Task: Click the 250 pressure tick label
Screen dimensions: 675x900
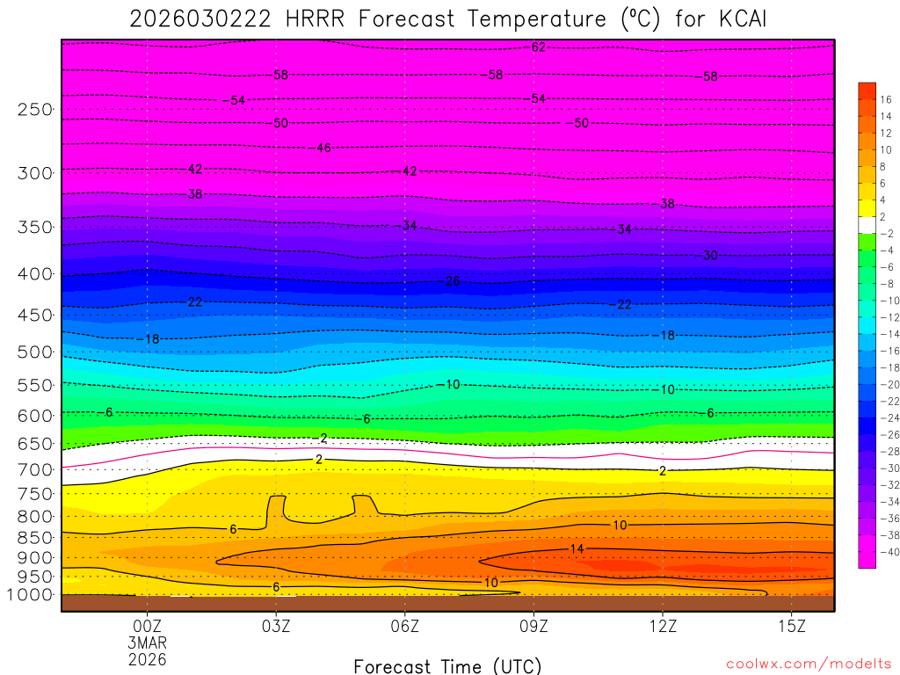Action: coord(34,110)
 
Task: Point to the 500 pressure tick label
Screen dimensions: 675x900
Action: coord(34,352)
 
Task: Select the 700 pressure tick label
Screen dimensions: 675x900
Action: coord(34,470)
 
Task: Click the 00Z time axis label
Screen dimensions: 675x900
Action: coord(147,627)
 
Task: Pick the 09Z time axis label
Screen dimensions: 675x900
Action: coord(533,627)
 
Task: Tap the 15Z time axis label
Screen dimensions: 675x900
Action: coord(792,627)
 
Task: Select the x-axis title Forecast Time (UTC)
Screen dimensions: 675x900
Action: coord(447,666)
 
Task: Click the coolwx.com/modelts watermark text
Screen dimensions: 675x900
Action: coord(809,664)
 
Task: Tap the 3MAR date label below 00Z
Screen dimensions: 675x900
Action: coord(147,642)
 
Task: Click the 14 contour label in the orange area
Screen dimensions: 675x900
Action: coord(577,548)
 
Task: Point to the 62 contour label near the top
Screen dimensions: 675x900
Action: coord(539,47)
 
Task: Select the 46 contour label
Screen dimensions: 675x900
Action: coord(323,148)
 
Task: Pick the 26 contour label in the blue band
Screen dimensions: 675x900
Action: coord(453,281)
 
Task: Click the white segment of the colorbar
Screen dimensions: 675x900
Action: coord(867,224)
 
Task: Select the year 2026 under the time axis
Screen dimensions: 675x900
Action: coord(147,658)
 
